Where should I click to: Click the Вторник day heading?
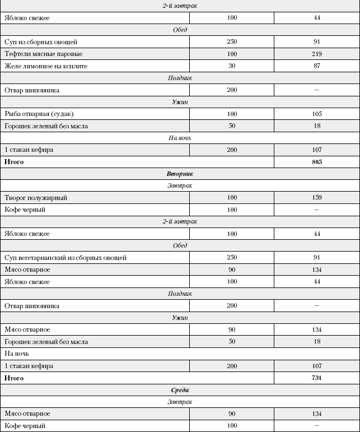(180, 174)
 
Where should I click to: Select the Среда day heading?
(180, 390)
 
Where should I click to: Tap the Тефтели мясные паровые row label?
(43, 54)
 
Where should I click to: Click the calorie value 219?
(317, 54)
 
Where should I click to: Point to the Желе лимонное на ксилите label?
(46, 66)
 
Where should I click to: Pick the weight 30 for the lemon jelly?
(232, 66)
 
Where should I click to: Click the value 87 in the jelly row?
(317, 66)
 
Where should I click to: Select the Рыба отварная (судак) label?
(39, 114)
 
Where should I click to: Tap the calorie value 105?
(317, 114)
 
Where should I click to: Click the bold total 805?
(317, 162)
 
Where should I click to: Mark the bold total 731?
(317, 378)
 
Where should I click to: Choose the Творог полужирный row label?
(36, 198)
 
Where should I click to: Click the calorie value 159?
(317, 198)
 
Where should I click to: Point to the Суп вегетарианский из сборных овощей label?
(66, 258)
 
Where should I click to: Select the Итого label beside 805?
(15, 162)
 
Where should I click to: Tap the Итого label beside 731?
(15, 378)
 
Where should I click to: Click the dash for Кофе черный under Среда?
(317, 426)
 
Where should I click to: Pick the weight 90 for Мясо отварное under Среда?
(232, 414)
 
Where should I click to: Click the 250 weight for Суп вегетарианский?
(232, 258)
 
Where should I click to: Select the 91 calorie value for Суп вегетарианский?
(317, 258)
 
